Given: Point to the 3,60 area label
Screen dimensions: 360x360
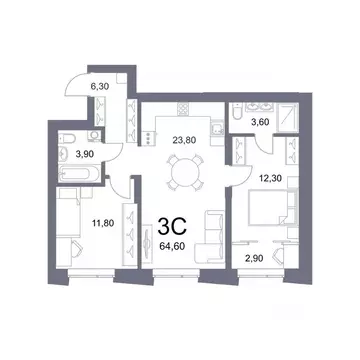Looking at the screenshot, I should (x=257, y=122).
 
